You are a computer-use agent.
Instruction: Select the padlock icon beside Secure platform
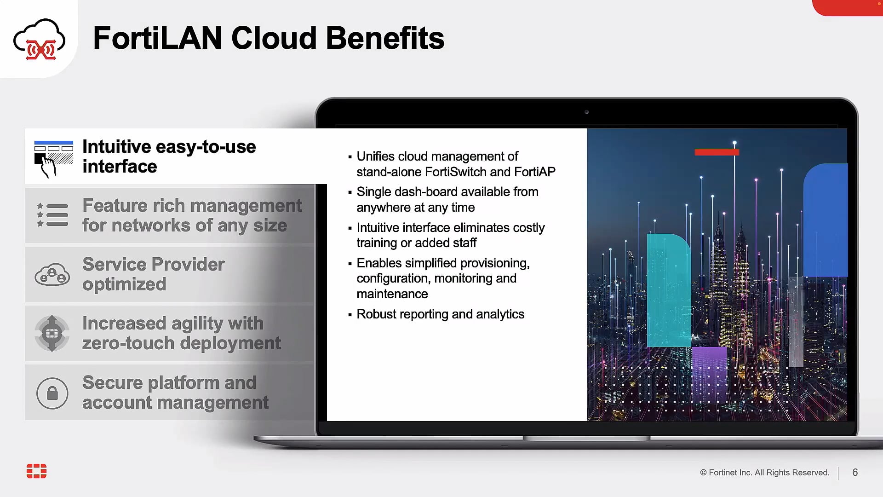click(x=52, y=393)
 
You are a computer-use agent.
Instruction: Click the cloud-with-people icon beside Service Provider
click(x=52, y=275)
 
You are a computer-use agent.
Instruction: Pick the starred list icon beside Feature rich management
click(x=52, y=215)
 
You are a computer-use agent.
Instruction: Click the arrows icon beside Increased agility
click(x=52, y=333)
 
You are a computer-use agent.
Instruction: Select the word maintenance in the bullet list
click(x=392, y=294)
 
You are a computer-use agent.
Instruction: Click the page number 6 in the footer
click(x=855, y=473)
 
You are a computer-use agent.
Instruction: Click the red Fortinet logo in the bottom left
click(x=36, y=471)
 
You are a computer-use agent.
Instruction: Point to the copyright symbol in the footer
click(x=703, y=473)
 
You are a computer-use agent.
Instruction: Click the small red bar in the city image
click(x=716, y=152)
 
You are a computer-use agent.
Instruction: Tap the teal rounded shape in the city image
click(x=668, y=290)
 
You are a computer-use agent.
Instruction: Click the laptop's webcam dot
click(x=586, y=112)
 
